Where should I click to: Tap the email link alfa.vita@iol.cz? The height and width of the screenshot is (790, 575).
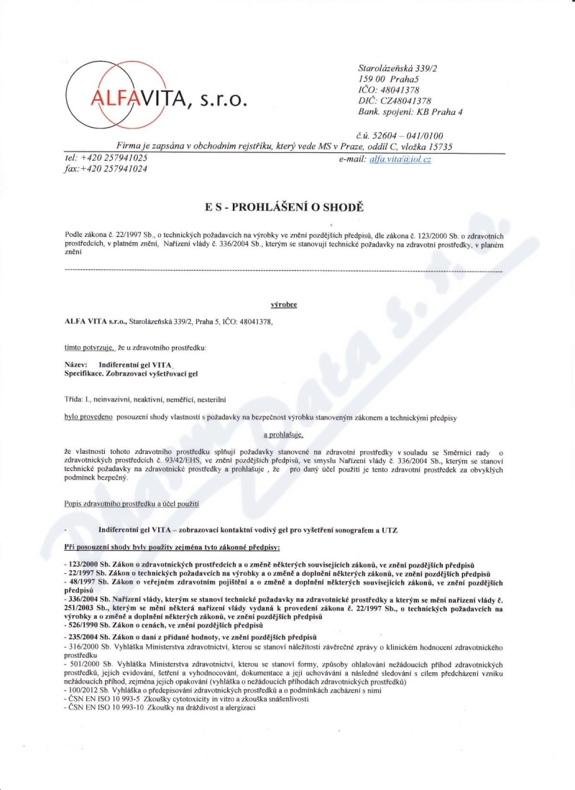click(x=400, y=159)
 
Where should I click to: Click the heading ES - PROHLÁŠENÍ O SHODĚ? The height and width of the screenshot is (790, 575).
click(x=285, y=208)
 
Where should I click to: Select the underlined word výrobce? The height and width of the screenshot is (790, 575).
click(x=284, y=305)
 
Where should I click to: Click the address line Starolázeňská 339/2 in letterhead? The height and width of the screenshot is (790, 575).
click(x=402, y=67)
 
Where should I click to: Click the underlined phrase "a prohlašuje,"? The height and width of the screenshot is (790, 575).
click(x=284, y=434)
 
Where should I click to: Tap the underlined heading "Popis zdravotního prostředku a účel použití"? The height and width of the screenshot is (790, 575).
click(x=132, y=503)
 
